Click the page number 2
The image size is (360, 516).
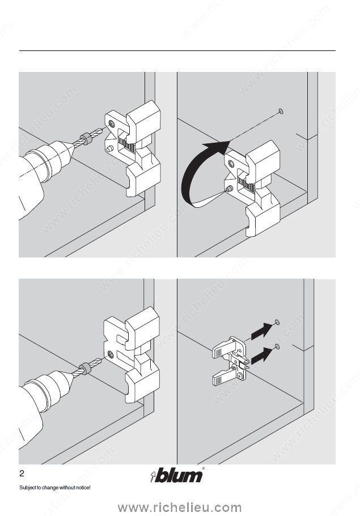[22, 474]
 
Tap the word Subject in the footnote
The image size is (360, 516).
[27, 488]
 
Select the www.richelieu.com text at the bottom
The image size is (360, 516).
[180, 507]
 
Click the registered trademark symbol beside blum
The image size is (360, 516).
[204, 468]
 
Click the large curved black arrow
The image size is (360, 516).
[196, 176]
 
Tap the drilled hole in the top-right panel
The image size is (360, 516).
[281, 112]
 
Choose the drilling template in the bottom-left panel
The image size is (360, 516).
[132, 354]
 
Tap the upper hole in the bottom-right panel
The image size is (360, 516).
[276, 321]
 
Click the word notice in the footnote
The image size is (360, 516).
[81, 488]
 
